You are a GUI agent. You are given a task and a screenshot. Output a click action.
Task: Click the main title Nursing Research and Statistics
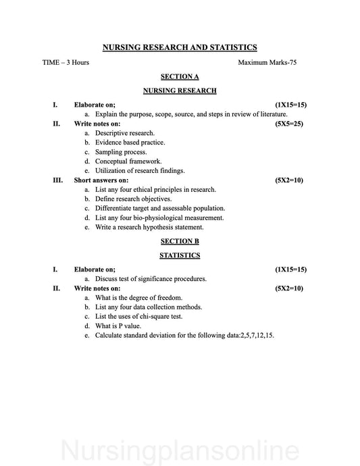pos(180,47)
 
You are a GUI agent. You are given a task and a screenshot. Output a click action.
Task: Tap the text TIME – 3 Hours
pos(65,62)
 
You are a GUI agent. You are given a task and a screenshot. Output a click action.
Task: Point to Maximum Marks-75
pos(267,62)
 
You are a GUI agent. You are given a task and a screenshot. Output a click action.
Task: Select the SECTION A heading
pos(180,76)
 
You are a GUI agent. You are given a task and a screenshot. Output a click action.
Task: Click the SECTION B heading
pos(180,241)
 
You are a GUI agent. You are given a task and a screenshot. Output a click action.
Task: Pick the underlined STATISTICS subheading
pos(180,255)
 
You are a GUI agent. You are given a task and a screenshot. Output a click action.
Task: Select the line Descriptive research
pos(124,133)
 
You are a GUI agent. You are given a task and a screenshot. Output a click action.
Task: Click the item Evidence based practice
pos(130,143)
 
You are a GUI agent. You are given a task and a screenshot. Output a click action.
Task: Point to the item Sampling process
pos(122,152)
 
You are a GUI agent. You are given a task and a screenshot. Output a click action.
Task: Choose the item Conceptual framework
pos(128,161)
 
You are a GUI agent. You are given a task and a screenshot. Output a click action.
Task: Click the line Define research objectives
pos(133,199)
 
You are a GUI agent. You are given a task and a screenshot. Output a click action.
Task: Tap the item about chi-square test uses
pos(138,316)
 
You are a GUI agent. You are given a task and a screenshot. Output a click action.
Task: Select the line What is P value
pos(121,326)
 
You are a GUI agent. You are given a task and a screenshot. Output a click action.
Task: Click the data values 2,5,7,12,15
pos(257,335)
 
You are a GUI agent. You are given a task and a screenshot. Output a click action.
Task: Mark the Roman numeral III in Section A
pos(57,180)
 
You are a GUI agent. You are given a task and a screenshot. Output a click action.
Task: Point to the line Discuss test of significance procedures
pos(151,278)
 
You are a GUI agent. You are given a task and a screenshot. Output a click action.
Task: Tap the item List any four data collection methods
pos(149,307)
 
